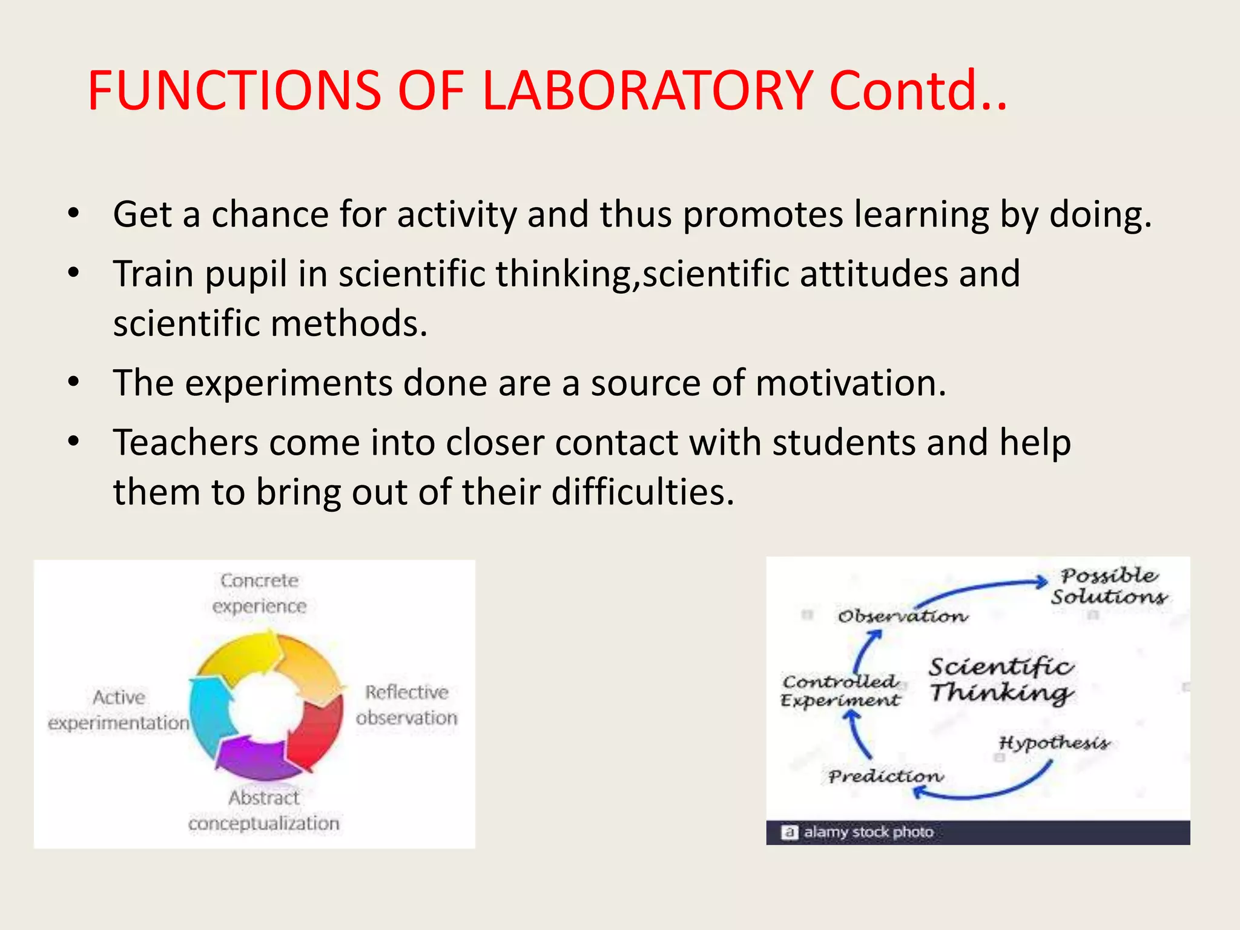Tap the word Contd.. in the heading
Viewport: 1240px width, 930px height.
pos(917,91)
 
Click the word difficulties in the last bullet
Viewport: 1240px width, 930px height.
pos(642,492)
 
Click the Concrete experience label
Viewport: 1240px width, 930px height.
pos(259,593)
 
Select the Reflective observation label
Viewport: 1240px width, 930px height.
pos(406,705)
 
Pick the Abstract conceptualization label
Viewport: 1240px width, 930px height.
pos(264,811)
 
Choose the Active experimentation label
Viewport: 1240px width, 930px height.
pos(119,710)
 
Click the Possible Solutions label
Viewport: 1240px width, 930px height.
pos(1109,586)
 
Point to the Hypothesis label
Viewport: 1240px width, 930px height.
pos(1054,743)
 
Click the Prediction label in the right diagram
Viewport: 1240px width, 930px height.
pos(885,776)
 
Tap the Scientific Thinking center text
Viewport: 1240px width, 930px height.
pos(1001,679)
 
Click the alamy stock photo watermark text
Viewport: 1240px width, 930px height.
pos(868,833)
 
